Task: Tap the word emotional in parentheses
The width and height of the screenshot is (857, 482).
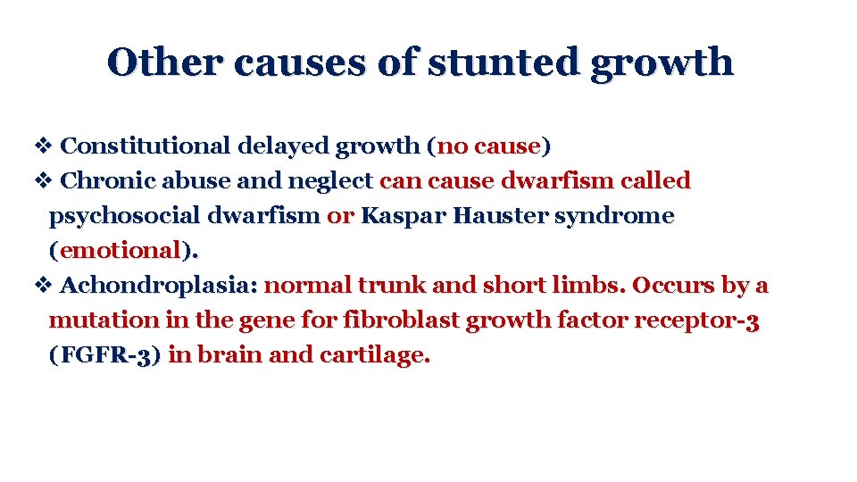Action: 120,251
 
